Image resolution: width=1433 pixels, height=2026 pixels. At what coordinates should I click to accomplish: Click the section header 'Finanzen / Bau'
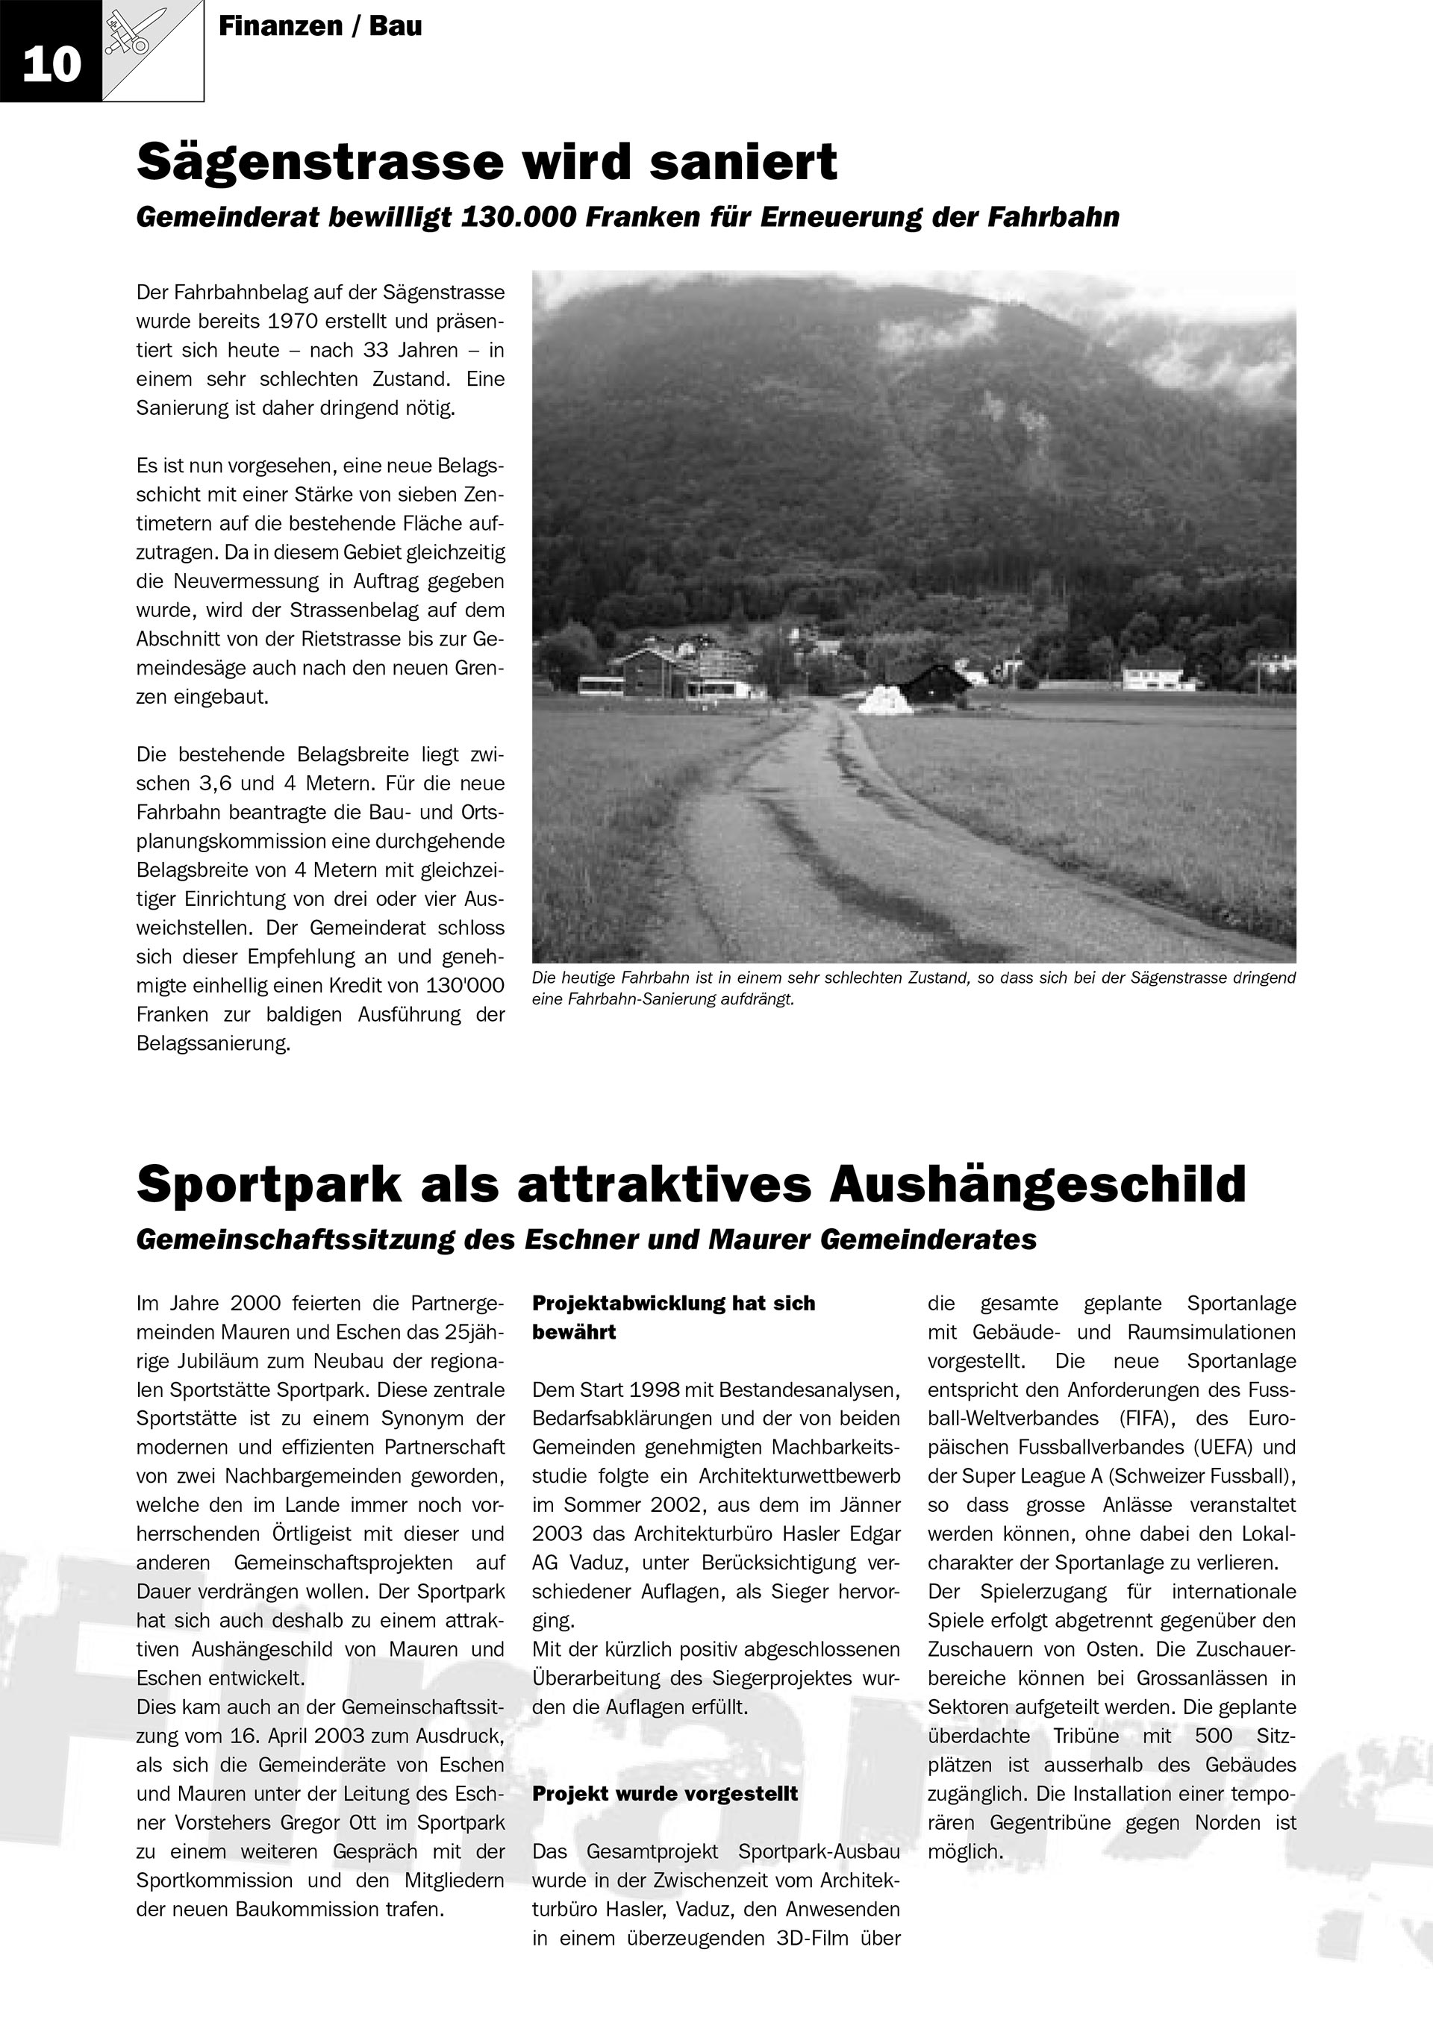click(319, 26)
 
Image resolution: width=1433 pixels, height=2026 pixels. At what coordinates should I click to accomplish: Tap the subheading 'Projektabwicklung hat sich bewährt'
click(673, 1317)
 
